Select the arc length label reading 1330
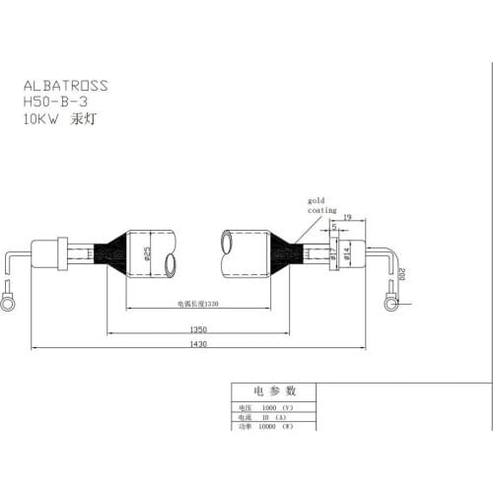(x=198, y=305)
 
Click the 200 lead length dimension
(x=403, y=274)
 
